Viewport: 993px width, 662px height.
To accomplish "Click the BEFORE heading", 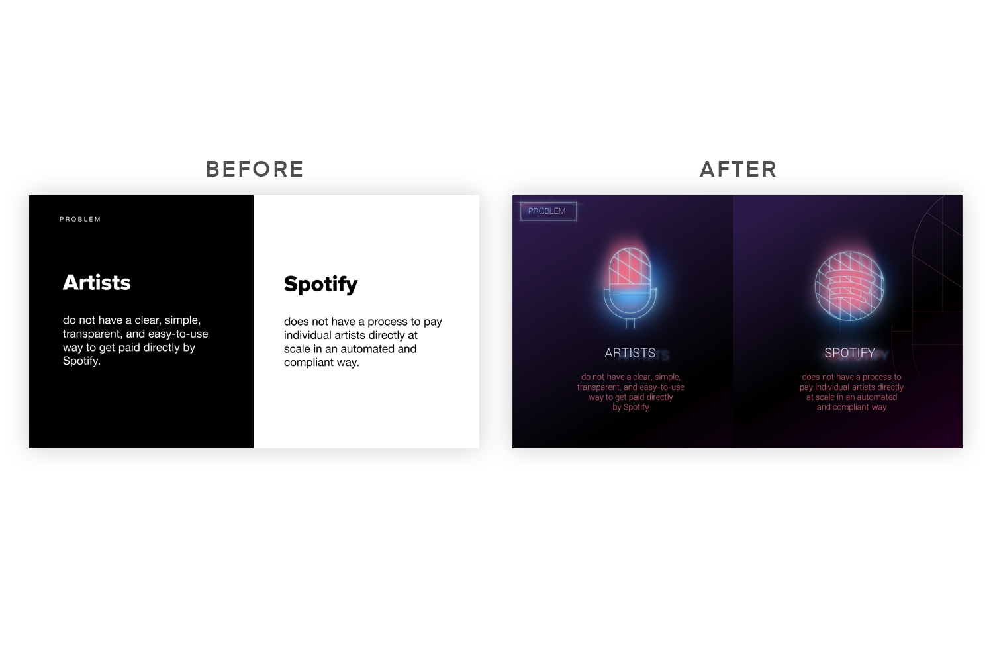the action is [254, 169].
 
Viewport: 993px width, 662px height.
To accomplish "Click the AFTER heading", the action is [738, 169].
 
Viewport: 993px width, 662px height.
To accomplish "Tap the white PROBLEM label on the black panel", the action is [80, 219].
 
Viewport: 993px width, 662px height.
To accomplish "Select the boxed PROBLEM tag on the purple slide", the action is [548, 211].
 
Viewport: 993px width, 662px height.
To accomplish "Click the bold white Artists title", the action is [97, 283].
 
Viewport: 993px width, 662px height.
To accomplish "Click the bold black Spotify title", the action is [320, 285].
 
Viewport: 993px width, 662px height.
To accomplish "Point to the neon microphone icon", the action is [630, 287].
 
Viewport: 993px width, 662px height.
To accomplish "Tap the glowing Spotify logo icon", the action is [849, 285].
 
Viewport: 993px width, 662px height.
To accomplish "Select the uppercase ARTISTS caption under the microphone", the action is [630, 353].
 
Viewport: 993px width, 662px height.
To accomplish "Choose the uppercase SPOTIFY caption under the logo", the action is [849, 353].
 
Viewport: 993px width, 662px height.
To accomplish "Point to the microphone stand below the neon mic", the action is [630, 324].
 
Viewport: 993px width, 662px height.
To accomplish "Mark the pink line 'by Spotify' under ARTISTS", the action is [630, 408].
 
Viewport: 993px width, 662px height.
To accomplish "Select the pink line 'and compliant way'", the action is [851, 408].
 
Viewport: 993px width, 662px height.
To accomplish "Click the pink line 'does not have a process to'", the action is [851, 377].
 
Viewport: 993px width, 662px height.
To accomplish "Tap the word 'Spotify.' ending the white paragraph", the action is [81, 361].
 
